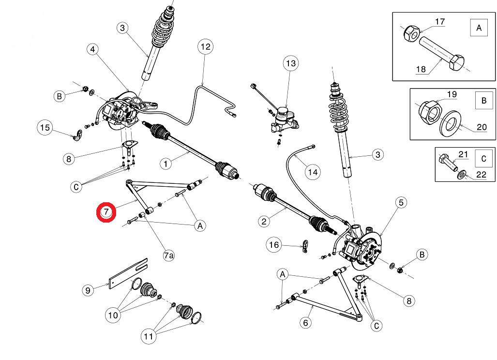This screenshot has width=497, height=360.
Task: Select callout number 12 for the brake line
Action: click(205, 47)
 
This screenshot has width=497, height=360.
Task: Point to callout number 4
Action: click(93, 49)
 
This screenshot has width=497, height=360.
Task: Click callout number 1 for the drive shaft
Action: click(166, 164)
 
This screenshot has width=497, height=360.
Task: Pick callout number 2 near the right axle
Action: click(264, 222)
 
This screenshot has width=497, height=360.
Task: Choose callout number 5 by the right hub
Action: click(401, 203)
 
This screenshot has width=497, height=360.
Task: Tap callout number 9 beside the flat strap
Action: click(88, 290)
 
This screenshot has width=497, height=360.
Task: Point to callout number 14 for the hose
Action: click(312, 172)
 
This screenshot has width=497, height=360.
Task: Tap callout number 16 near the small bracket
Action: click(274, 245)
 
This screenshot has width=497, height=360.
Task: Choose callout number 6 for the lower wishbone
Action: click(305, 322)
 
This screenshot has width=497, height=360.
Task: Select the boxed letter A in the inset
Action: click(479, 28)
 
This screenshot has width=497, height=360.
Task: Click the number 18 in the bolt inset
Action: click(421, 69)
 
